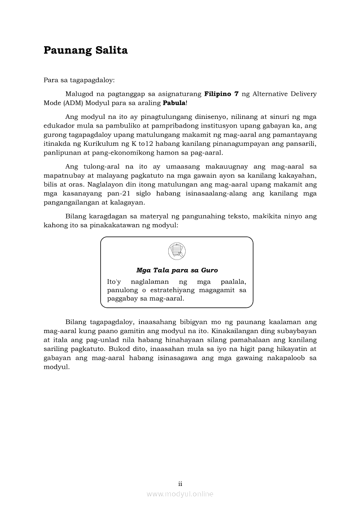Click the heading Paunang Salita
pos(85,51)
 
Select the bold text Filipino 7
pos(221,94)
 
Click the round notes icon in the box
pos(177,251)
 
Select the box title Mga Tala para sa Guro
pos(177,270)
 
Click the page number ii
pos(180,483)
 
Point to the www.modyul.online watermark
pos(180,494)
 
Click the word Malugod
pos(81,94)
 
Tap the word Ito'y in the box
pos(114,281)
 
